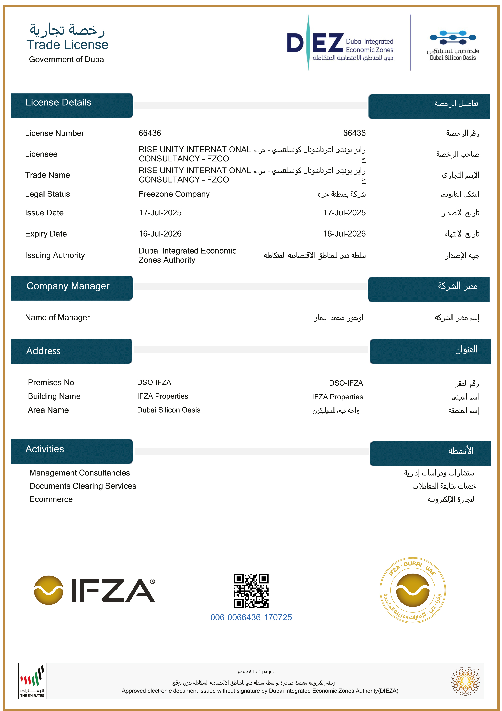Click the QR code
(251, 591)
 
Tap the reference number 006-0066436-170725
(251, 617)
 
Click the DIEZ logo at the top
(340, 43)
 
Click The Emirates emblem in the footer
(32, 681)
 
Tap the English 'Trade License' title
(67, 45)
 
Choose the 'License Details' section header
(59, 102)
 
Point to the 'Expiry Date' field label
(46, 234)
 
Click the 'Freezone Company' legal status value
(174, 194)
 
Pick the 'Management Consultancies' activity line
(80, 473)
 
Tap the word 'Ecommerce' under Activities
(51, 499)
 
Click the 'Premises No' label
(51, 382)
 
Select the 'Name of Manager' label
(57, 318)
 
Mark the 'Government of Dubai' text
(67, 59)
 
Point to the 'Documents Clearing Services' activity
(83, 486)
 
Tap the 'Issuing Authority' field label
(55, 255)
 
